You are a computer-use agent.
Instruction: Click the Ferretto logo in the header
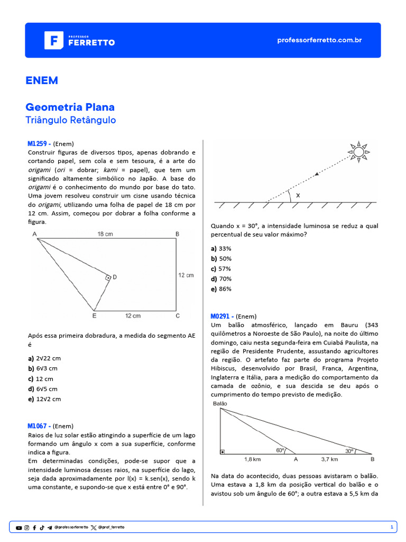(x=79, y=40)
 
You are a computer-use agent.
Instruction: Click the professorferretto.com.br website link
(x=319, y=40)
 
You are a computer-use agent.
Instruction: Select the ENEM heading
(x=42, y=80)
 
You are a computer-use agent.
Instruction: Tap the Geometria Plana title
(x=70, y=107)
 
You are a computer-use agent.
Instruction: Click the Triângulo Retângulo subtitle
(x=70, y=120)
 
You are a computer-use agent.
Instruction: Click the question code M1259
(x=39, y=143)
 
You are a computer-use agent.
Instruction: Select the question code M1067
(x=39, y=426)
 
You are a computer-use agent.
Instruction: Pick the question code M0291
(x=222, y=316)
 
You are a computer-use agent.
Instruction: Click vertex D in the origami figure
(x=114, y=277)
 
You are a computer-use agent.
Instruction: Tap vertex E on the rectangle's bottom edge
(x=94, y=316)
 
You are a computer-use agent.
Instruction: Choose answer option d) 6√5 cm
(x=43, y=389)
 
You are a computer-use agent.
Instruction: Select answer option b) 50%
(x=222, y=258)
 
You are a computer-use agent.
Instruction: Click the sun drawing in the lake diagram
(x=358, y=152)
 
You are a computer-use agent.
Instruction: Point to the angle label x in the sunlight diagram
(x=298, y=195)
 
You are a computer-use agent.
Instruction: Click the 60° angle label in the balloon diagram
(x=280, y=450)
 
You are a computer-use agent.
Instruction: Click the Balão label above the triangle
(x=220, y=403)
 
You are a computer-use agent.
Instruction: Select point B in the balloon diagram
(x=373, y=459)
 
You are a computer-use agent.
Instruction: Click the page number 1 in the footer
(x=391, y=527)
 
